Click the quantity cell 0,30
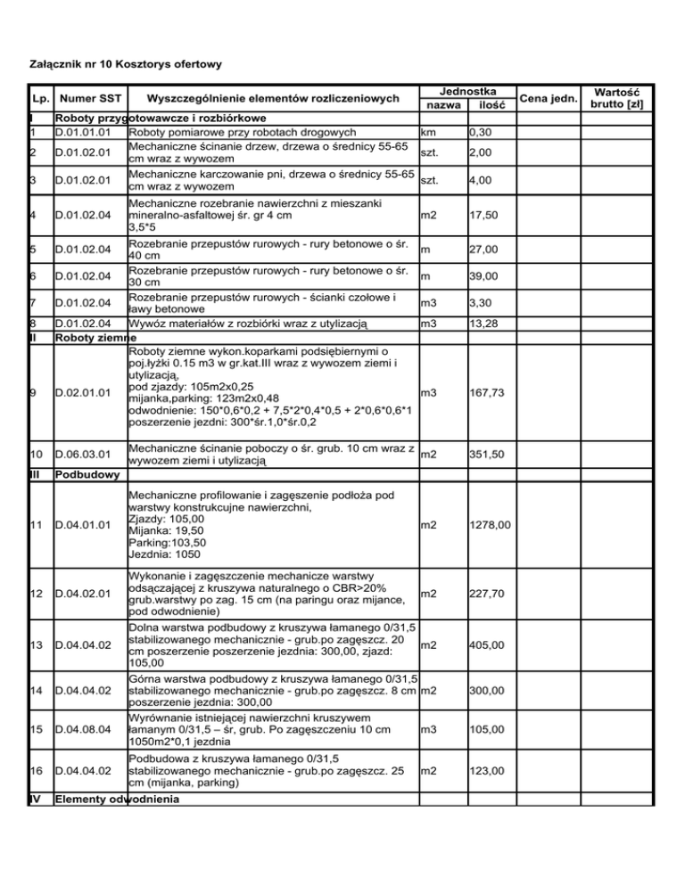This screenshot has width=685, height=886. (x=483, y=132)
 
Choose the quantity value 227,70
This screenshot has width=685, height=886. (x=488, y=594)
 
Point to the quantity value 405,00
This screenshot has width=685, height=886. (x=488, y=644)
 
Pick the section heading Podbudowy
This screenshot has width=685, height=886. (x=86, y=475)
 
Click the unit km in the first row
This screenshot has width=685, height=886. (x=428, y=132)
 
